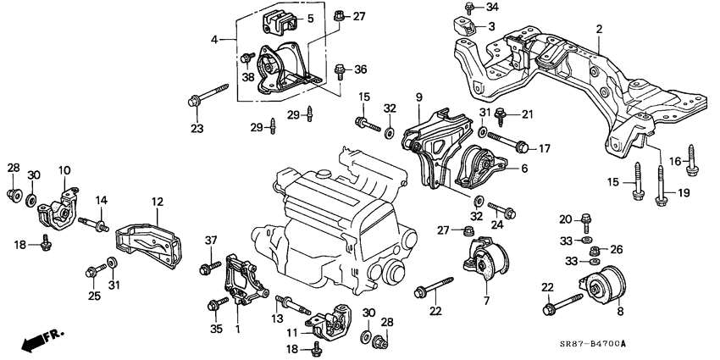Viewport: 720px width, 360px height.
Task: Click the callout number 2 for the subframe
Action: click(x=598, y=30)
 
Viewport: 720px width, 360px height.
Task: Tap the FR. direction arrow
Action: click(x=35, y=342)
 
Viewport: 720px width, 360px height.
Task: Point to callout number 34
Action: click(x=493, y=8)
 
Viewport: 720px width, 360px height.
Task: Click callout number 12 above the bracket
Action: click(x=157, y=202)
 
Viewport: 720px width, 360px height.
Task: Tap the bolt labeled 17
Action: click(x=508, y=141)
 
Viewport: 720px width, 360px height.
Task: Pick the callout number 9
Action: click(x=418, y=98)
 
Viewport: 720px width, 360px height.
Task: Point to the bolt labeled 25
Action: click(x=94, y=271)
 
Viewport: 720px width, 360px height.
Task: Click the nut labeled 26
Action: click(x=593, y=249)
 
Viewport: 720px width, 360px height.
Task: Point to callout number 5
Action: click(x=309, y=18)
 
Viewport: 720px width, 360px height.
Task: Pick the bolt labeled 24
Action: click(x=496, y=210)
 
